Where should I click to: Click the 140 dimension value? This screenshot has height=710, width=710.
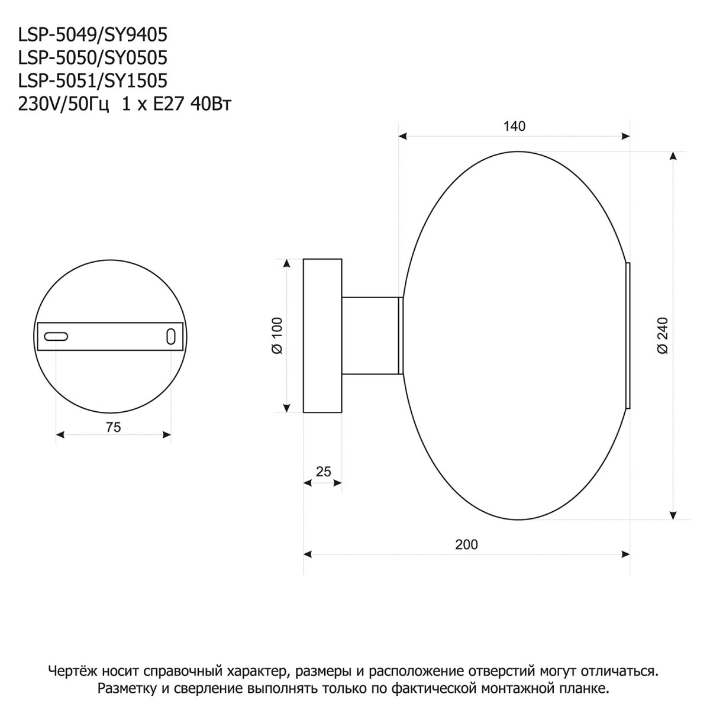[x=514, y=126]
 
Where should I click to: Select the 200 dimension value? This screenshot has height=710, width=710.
[x=466, y=544]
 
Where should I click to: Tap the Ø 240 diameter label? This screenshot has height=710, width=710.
[x=662, y=335]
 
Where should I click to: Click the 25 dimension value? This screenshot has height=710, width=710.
[x=323, y=472]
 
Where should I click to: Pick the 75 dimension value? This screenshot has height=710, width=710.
[x=113, y=427]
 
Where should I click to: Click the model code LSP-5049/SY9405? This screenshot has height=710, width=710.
[x=93, y=35]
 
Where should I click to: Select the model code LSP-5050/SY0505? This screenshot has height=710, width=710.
[x=93, y=58]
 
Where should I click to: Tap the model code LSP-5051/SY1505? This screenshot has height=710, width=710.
[x=93, y=81]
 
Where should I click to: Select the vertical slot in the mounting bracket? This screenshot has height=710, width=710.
[x=170, y=336]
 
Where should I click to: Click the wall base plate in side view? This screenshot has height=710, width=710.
[x=322, y=335]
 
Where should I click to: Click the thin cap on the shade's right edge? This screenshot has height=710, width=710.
[x=628, y=335]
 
